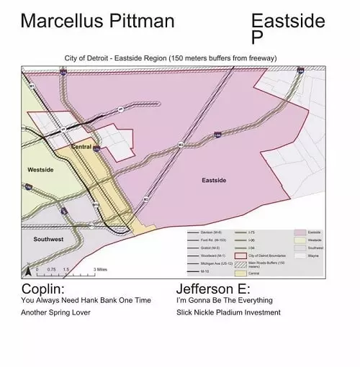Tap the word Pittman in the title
pos(140,21)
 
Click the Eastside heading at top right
pos(288,21)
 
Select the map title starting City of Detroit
pos(170,58)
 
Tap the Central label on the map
pos(81,147)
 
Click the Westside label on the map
pos(40,170)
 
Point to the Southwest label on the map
pos(48,239)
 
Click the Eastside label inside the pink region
pos(216,181)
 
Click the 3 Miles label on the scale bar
pos(101,269)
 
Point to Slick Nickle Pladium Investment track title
pos(228,313)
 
